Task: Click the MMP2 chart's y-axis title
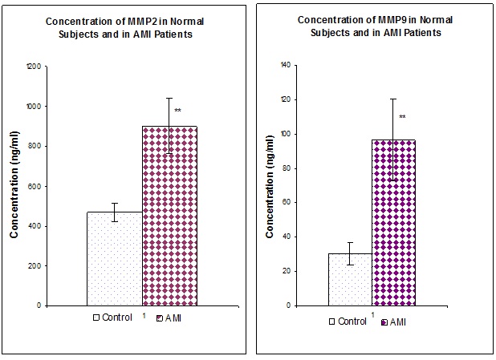pos(14,186)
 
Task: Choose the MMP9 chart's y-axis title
pos(270,185)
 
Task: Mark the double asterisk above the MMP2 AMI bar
pos(177,110)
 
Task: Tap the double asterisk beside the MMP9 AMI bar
pos(402,117)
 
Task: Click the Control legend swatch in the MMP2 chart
pos(96,318)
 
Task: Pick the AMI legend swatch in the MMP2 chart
pos(161,318)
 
